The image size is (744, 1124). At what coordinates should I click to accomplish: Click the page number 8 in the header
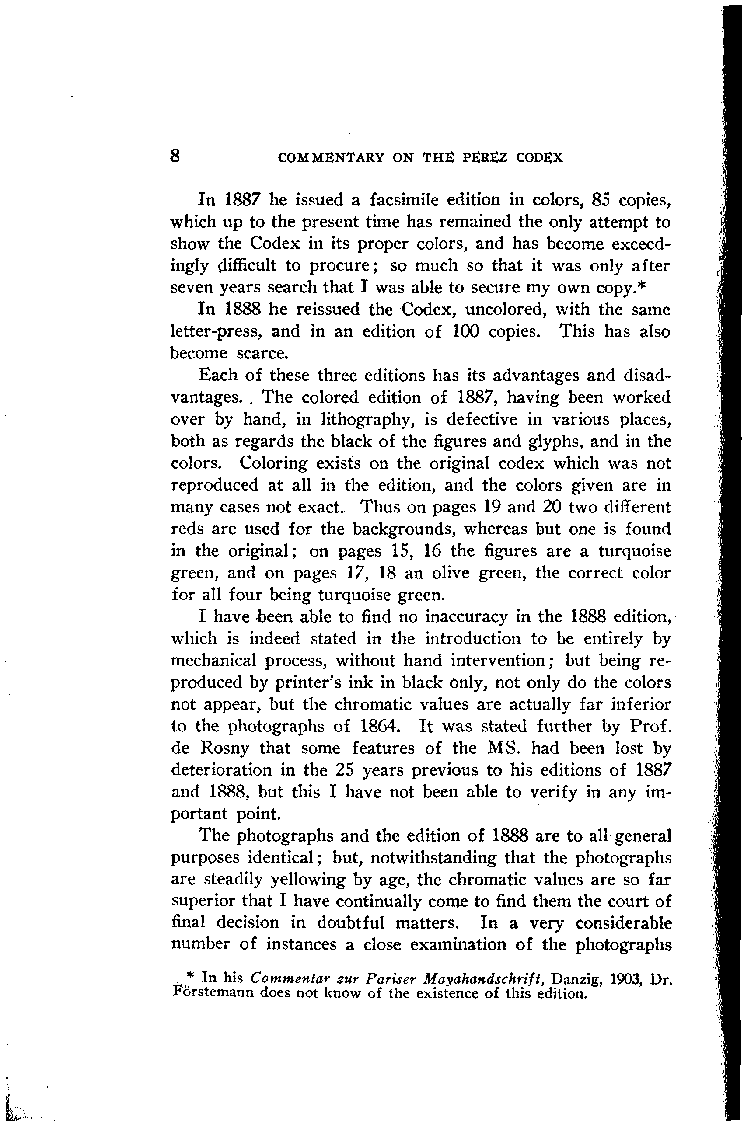[175, 156]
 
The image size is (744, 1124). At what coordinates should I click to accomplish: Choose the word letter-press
[217, 331]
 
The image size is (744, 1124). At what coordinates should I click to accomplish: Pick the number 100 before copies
[459, 331]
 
